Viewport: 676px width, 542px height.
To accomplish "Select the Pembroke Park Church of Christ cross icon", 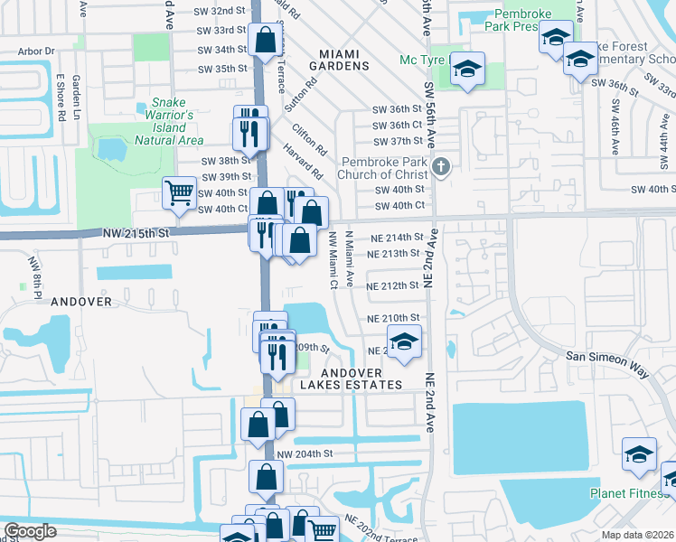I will pyautogui.click(x=441, y=166).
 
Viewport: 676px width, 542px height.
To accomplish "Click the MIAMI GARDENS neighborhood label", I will pyautogui.click(x=339, y=60).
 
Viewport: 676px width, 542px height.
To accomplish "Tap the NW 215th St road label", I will pyautogui.click(x=136, y=233).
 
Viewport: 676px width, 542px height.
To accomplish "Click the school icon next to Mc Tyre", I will pyautogui.click(x=467, y=70).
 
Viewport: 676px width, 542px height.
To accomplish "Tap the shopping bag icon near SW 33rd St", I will pyautogui.click(x=265, y=41).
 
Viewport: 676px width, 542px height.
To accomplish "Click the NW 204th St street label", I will pyautogui.click(x=305, y=453).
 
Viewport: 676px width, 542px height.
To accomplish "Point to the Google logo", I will pyautogui.click(x=30, y=531).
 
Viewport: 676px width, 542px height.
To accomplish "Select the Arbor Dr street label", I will pyautogui.click(x=36, y=52).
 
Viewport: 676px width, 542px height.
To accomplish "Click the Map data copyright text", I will pyautogui.click(x=638, y=535).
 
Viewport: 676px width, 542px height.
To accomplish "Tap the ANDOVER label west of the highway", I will pyautogui.click(x=80, y=301).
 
